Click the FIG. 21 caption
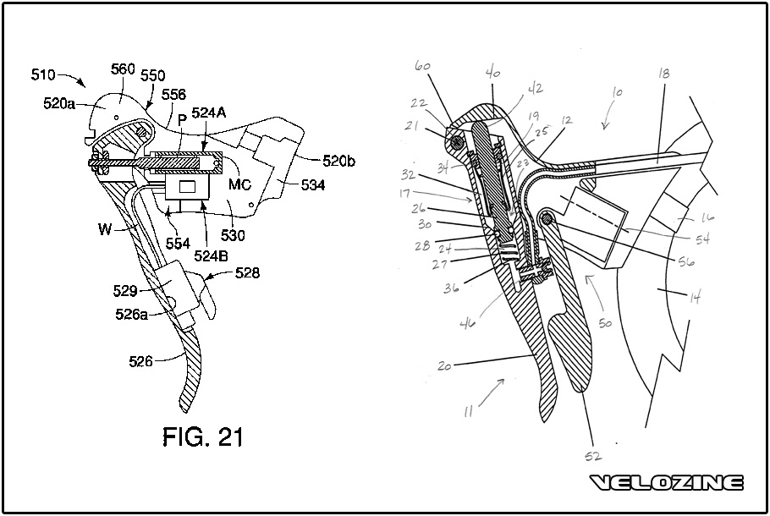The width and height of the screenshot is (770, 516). pos(203,436)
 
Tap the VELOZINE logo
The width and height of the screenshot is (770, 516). pos(666,483)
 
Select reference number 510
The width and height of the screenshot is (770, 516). pos(42,74)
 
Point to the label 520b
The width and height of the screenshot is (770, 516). pos(338,161)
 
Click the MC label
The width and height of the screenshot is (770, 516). pos(239,184)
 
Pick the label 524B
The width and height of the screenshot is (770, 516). pos(212,255)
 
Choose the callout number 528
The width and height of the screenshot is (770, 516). pos(247,273)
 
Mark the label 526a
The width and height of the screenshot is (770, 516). pos(132,314)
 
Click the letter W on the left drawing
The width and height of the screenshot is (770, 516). pos(105,228)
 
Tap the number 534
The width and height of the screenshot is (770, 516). pos(313,185)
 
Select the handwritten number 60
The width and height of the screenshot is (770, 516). pos(423,66)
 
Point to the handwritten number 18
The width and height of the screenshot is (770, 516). pos(663,73)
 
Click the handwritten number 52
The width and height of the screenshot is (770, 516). pos(593,457)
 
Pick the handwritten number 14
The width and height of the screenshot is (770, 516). pos(695,298)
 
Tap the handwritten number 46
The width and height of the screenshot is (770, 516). pos(467,323)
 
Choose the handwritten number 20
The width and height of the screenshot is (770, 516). pos(444,365)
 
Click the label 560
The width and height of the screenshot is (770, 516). pos(123,69)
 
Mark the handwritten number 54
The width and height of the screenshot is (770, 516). pos(702,239)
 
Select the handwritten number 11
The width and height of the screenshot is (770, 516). pos(469,411)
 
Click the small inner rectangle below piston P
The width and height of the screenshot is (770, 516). pos(189,187)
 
